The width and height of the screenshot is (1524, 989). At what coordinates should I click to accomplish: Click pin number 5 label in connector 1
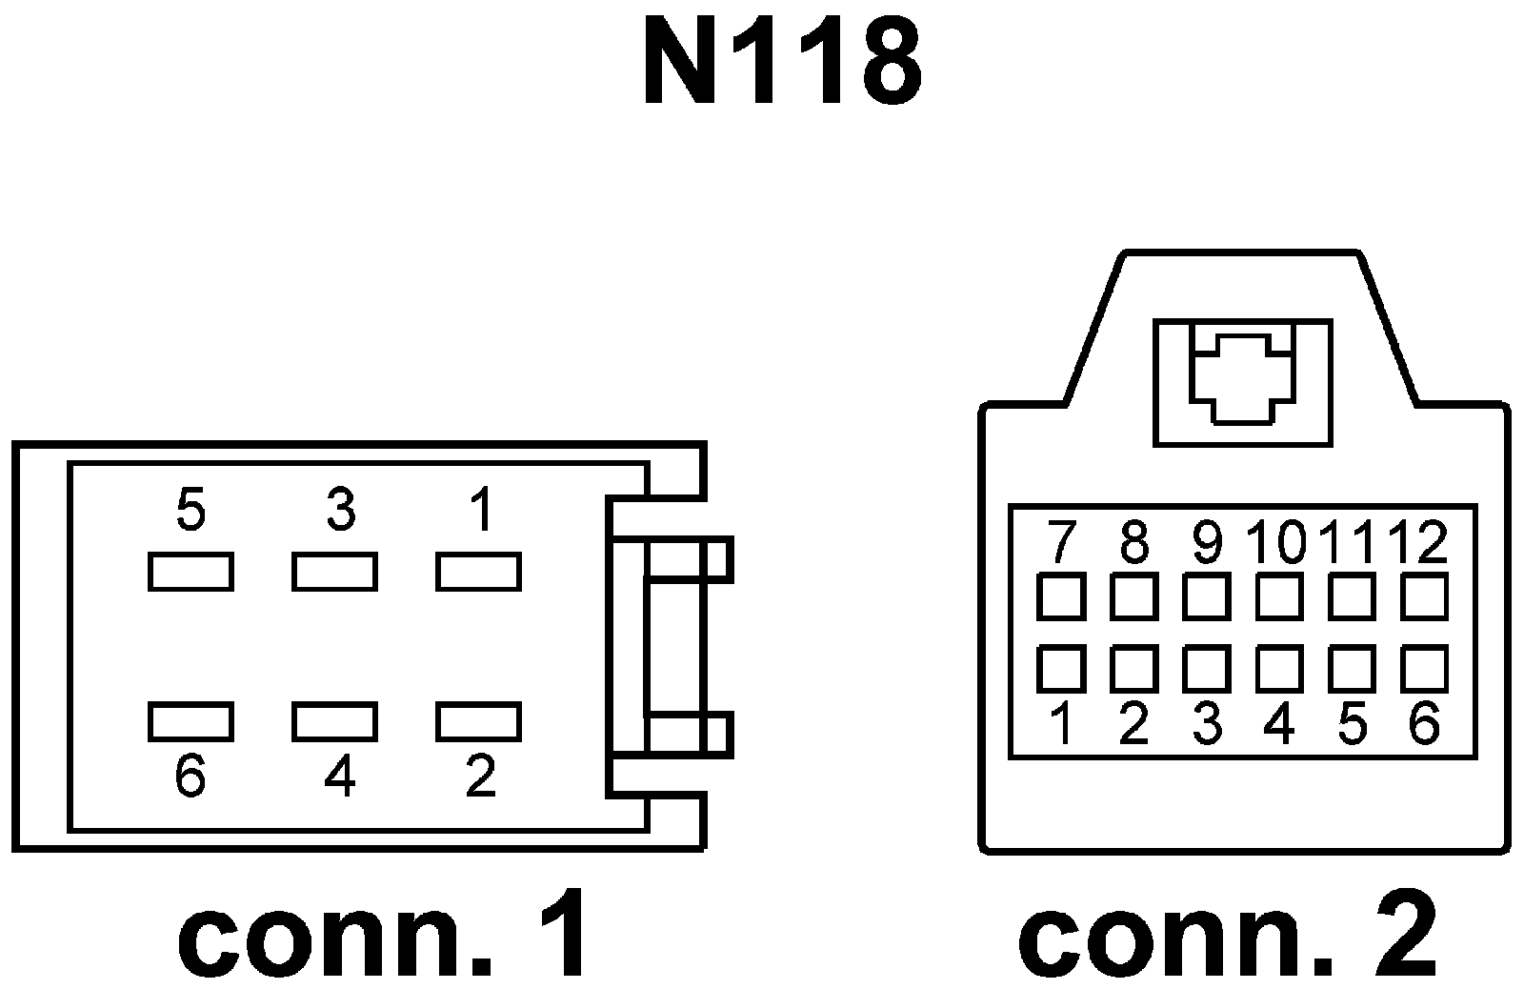point(190,512)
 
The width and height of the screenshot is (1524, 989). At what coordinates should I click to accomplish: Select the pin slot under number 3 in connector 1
point(334,572)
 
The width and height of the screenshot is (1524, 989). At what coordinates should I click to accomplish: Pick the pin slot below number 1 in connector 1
point(478,572)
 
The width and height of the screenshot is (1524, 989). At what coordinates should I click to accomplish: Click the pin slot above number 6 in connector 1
point(190,721)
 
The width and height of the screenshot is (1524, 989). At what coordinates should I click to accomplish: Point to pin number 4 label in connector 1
point(339,777)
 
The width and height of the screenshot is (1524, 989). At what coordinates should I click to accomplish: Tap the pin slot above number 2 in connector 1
point(478,721)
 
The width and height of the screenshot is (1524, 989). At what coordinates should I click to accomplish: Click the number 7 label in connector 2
point(1060,543)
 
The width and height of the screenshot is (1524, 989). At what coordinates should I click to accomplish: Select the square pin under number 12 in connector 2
point(1425,597)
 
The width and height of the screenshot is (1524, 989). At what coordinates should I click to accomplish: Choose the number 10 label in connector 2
point(1278,543)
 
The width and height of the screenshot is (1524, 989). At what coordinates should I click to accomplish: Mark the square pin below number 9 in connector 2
point(1206,597)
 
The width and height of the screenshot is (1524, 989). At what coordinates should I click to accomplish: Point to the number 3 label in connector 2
point(1206,726)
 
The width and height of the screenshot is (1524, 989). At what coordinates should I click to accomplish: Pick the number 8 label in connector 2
point(1133,543)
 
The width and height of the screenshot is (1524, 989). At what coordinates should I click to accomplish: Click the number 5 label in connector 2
point(1352,726)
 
